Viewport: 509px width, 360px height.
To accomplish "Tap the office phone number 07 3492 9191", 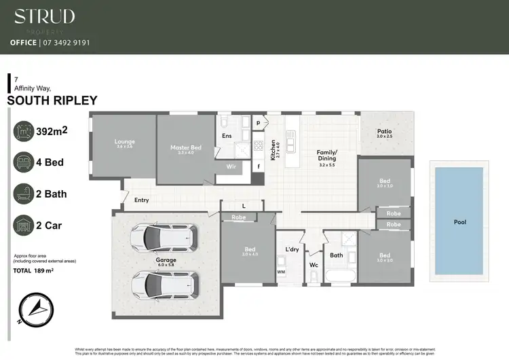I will (x=69, y=42).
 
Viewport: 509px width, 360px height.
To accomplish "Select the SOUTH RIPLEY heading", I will (x=52, y=101).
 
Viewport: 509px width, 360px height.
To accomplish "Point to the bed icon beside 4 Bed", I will (x=24, y=163).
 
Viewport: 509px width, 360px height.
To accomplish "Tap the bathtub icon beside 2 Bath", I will (x=24, y=194).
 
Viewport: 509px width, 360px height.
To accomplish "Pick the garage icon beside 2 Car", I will (x=24, y=224).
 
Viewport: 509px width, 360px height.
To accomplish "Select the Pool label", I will (x=461, y=222).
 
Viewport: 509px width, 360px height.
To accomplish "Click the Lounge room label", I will (x=124, y=143).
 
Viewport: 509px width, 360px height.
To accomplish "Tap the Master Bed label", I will (x=185, y=147).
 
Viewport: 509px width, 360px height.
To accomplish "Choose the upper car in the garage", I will (x=162, y=236).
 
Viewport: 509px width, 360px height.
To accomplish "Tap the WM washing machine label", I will (x=281, y=272).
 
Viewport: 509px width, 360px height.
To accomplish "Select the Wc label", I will (x=314, y=264).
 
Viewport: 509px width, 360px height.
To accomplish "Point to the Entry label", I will (x=142, y=200).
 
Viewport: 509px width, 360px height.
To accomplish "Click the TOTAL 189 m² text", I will (x=34, y=271).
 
